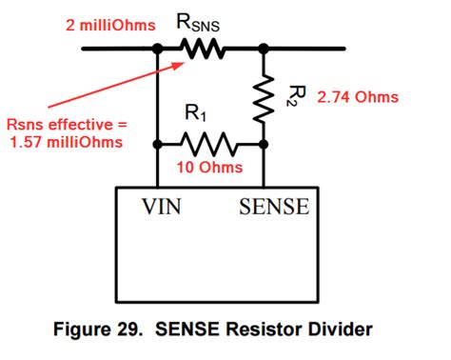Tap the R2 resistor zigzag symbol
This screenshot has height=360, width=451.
coord(263,96)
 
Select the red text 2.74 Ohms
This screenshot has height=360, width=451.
coord(358,97)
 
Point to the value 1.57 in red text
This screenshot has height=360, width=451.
coord(29,144)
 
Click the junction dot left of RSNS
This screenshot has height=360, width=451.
coord(156,45)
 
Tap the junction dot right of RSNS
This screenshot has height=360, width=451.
coord(263,45)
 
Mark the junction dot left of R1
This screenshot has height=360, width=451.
coord(156,145)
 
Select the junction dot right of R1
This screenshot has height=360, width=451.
coord(263,145)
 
